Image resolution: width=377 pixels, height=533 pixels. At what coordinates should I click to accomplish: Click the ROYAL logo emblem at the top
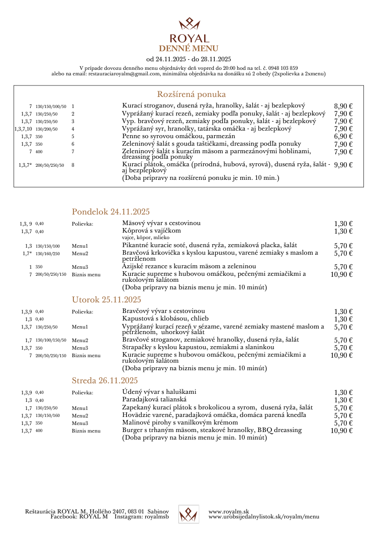(x=189, y=24)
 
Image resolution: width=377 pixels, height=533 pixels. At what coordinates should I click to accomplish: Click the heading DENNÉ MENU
(x=189, y=48)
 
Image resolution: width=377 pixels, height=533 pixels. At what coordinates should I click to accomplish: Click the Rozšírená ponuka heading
(x=192, y=94)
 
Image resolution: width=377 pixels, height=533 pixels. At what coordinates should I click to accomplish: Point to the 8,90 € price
(x=343, y=106)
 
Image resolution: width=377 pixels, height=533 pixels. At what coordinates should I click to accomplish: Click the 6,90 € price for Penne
(x=343, y=136)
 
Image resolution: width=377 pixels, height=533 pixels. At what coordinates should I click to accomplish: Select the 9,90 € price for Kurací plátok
(x=343, y=165)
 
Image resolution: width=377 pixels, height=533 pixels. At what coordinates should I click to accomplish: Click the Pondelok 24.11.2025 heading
(x=111, y=211)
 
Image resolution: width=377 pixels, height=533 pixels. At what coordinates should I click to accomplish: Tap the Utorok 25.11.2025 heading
(x=107, y=300)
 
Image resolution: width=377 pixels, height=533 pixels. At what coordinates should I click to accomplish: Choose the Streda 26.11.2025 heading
(x=105, y=380)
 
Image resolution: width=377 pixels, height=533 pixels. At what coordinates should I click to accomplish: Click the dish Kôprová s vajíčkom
(x=151, y=231)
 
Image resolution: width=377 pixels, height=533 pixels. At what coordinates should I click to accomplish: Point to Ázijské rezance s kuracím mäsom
(x=189, y=266)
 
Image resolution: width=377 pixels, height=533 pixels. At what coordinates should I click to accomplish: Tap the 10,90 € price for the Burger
(x=342, y=431)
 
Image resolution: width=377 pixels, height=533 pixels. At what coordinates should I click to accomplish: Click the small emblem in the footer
(x=189, y=513)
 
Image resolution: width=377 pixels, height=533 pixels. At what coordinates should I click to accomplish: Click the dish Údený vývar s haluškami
(x=159, y=392)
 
